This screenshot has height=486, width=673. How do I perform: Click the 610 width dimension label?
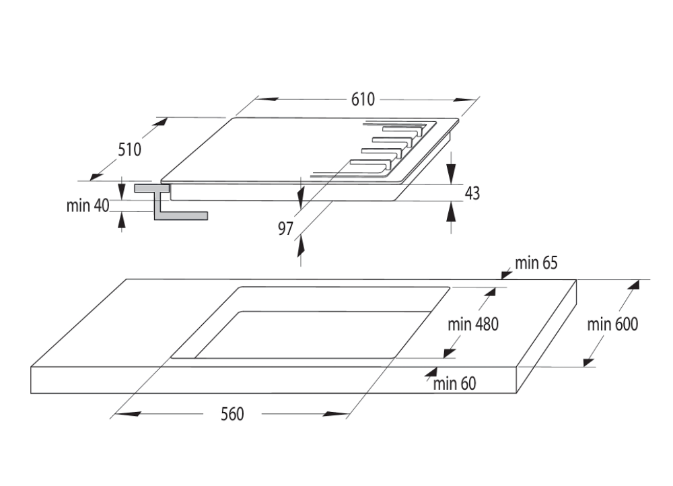pos(362,99)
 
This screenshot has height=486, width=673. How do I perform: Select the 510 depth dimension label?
pos(130,149)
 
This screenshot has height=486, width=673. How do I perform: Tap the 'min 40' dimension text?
pos(87,206)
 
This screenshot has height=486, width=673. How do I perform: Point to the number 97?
pos(286,229)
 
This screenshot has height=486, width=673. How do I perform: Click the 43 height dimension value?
pos(472,194)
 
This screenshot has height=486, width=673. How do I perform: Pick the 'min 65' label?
pos(536,263)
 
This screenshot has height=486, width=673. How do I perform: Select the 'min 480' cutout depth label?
pos(473,324)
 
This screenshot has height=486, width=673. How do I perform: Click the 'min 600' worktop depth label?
pos(612,324)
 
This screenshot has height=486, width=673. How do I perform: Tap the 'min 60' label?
pos(454,384)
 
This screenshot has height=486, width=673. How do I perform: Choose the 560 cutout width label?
pos(232,414)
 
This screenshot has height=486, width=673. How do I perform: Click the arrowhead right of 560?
pos(334,414)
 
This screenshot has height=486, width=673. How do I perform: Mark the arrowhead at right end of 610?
pos(464,99)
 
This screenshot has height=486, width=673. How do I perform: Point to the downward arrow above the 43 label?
pos(452,164)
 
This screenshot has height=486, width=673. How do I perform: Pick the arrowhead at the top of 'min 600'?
pos(633,287)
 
